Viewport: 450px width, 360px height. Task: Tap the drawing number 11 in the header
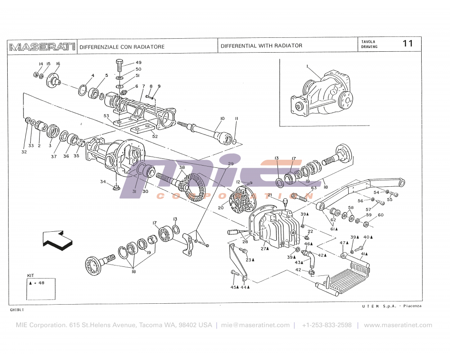click(x=408, y=44)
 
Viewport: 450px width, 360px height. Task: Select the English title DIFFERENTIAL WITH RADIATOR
click(x=261, y=46)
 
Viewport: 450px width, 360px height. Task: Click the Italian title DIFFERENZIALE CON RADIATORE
click(x=122, y=47)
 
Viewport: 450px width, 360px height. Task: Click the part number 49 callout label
click(x=139, y=63)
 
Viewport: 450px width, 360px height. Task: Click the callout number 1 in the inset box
click(x=307, y=67)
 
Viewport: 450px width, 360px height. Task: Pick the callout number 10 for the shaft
click(x=222, y=118)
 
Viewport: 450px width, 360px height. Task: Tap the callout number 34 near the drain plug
click(x=103, y=182)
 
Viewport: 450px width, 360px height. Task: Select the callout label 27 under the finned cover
click(x=265, y=248)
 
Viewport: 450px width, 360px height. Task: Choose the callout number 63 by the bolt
click(x=314, y=188)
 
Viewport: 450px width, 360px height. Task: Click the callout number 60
click(x=381, y=215)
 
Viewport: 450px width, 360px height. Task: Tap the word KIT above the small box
click(x=31, y=275)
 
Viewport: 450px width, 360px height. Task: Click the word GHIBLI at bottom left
click(x=17, y=310)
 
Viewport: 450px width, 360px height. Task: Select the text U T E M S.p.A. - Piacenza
click(x=391, y=306)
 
